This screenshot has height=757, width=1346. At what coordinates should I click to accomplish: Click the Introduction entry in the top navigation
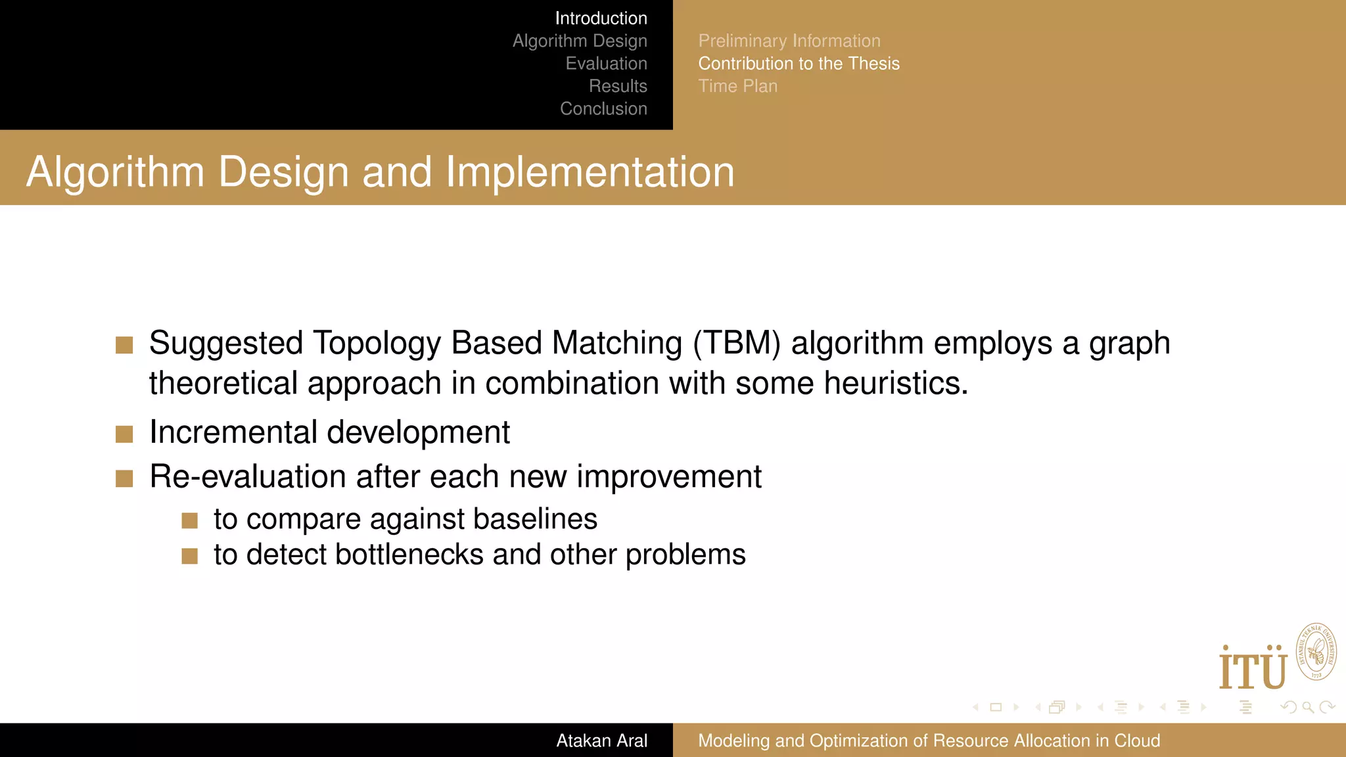[x=601, y=18]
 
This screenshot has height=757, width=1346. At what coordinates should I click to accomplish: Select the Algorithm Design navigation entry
[x=580, y=41]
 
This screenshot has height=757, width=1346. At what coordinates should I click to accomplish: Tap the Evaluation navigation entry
[x=606, y=64]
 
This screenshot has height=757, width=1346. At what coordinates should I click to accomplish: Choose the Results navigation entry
[x=618, y=86]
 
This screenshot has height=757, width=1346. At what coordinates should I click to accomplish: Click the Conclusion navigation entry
[x=603, y=109]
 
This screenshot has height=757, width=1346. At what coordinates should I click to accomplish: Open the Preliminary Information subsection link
[x=789, y=41]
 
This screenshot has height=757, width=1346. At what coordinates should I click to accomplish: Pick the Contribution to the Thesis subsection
[x=799, y=64]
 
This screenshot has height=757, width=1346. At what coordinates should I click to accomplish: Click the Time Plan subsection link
[x=737, y=86]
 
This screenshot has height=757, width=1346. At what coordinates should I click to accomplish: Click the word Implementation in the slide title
[x=590, y=172]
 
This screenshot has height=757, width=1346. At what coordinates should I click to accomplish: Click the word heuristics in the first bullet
[x=895, y=383]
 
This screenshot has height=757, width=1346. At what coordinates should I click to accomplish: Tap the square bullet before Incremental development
[x=124, y=434]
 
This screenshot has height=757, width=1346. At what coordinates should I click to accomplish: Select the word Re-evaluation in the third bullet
[x=247, y=476]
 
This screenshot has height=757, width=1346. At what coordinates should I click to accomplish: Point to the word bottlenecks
[x=409, y=555]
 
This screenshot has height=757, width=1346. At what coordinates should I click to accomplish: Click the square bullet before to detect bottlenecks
[x=190, y=556]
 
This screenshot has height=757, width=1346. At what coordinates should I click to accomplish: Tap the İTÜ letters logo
[x=1252, y=669]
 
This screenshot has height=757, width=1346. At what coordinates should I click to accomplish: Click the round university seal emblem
[x=1316, y=653]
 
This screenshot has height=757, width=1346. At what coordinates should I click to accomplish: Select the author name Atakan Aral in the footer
[x=601, y=741]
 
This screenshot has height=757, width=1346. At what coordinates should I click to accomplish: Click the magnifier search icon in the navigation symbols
[x=1308, y=707]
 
